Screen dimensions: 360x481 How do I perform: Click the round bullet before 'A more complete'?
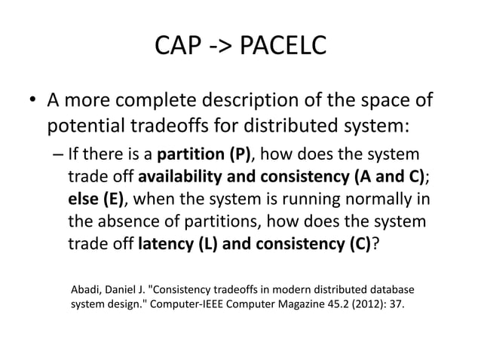33,100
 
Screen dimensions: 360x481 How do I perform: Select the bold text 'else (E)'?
97,200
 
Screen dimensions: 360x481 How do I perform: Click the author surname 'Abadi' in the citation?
86,289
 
